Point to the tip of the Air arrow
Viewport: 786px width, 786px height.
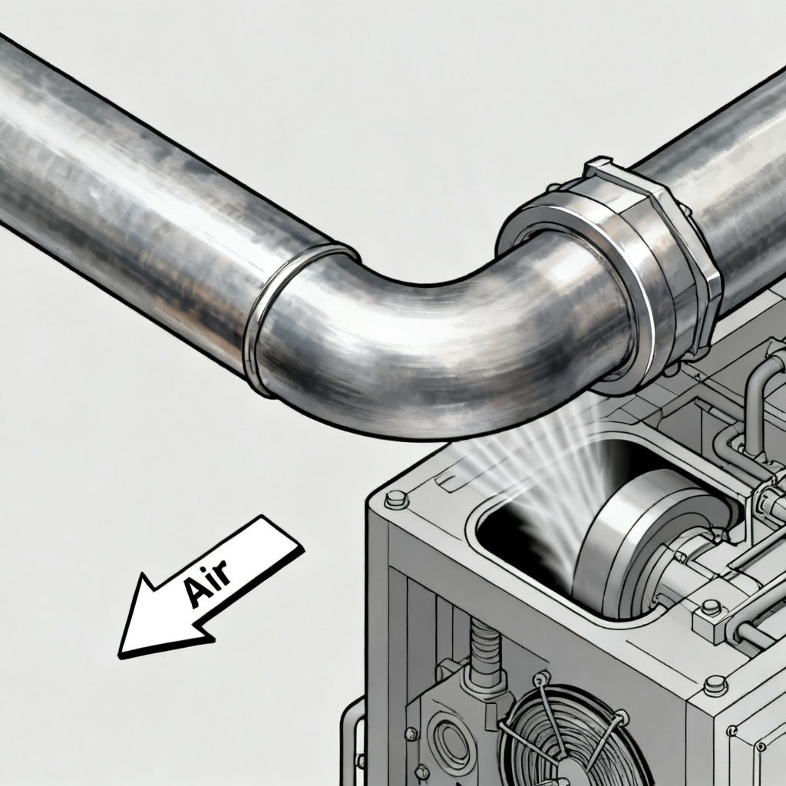click(x=119, y=656)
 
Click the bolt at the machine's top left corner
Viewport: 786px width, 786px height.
click(x=397, y=499)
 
